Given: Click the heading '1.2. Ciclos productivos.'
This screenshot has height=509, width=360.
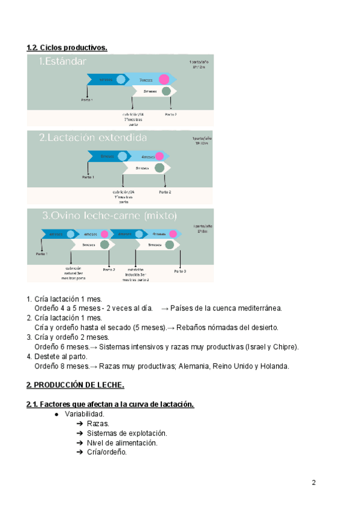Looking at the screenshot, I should pyautogui.click(x=67, y=47).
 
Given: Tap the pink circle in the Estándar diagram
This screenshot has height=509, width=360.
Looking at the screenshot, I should pyautogui.click(x=163, y=79).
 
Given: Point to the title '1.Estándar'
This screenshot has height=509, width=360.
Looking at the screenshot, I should pyautogui.click(x=62, y=61).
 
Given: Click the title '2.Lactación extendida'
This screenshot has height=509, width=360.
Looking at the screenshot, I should pyautogui.click(x=93, y=137).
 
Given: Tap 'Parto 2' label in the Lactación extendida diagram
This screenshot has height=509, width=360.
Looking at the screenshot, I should pyautogui.click(x=165, y=192).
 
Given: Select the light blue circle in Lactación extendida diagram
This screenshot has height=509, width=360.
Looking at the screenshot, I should pyautogui.click(x=122, y=156).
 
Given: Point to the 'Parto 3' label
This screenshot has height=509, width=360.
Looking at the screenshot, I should pyautogui.click(x=180, y=271).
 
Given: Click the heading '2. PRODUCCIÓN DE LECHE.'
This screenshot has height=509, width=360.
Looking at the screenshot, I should pyautogui.click(x=75, y=385).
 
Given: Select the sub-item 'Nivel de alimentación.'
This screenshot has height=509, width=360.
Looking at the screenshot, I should pyautogui.click(x=122, y=443).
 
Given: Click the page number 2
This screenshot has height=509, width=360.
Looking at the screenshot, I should pyautogui.click(x=313, y=483).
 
